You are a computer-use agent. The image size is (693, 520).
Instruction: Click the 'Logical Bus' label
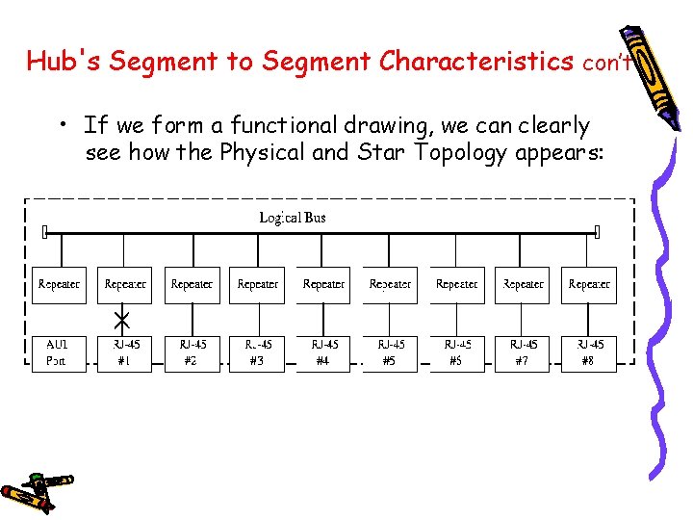pyautogui.click(x=293, y=218)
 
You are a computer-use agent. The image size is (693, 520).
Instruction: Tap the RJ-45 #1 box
pyautogui.click(x=125, y=352)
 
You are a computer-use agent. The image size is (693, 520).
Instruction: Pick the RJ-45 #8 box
pyautogui.click(x=589, y=352)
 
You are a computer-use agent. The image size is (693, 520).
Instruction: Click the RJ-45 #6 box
pyautogui.click(x=456, y=352)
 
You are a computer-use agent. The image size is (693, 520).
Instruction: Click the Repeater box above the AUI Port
pyautogui.click(x=59, y=285)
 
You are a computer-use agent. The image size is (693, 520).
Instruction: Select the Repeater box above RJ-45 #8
pyautogui.click(x=589, y=285)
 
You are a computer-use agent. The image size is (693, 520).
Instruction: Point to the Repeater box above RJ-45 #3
pyautogui.click(x=258, y=285)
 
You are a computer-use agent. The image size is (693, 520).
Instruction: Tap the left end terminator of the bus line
pyautogui.click(x=45, y=232)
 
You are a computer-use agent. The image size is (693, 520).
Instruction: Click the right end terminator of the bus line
pyautogui.click(x=597, y=232)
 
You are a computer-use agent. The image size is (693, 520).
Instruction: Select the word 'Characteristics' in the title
pyautogui.click(x=476, y=62)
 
